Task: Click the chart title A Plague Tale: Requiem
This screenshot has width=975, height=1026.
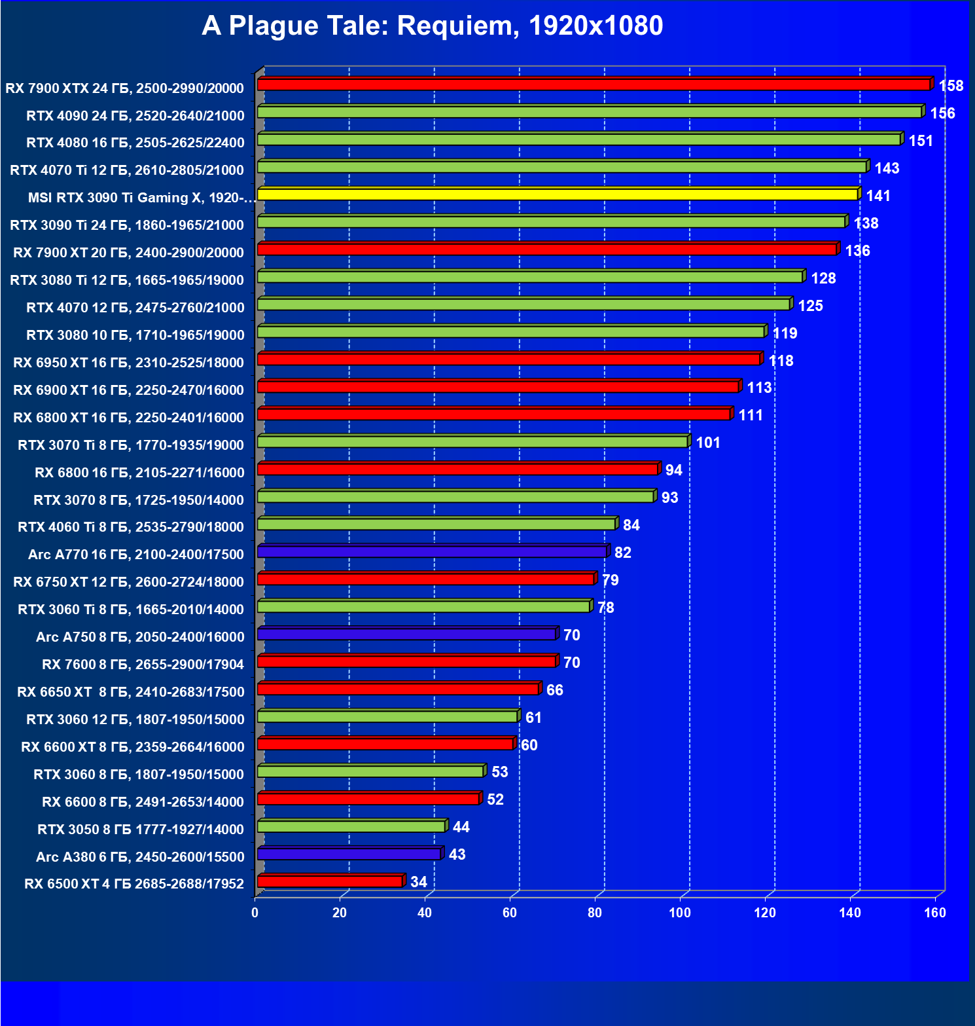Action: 432,26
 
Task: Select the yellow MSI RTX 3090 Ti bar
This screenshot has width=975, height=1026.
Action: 558,194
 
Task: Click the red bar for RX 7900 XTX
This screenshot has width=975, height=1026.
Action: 594,85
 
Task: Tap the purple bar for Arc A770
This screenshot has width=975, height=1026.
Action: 432,553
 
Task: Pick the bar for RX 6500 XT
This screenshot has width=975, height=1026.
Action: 330,882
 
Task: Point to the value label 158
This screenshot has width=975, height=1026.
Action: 951,86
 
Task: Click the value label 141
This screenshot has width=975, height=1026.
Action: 878,196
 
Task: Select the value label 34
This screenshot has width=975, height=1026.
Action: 419,882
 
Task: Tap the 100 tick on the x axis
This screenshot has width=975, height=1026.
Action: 680,913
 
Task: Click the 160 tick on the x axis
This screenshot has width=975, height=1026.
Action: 935,913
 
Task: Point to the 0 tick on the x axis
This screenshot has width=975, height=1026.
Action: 255,913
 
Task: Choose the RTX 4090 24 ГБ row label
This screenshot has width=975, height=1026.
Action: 135,116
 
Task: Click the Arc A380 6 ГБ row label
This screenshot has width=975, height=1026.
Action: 140,857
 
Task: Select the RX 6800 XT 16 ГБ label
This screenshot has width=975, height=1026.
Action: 128,418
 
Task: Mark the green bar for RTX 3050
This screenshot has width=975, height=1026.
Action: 351,827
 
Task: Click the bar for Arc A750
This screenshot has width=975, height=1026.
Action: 406,634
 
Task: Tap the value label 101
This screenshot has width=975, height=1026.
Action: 708,443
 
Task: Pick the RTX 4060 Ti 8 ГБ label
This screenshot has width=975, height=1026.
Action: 131,527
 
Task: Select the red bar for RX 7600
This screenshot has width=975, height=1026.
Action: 406,662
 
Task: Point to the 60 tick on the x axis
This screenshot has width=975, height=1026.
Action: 510,913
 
